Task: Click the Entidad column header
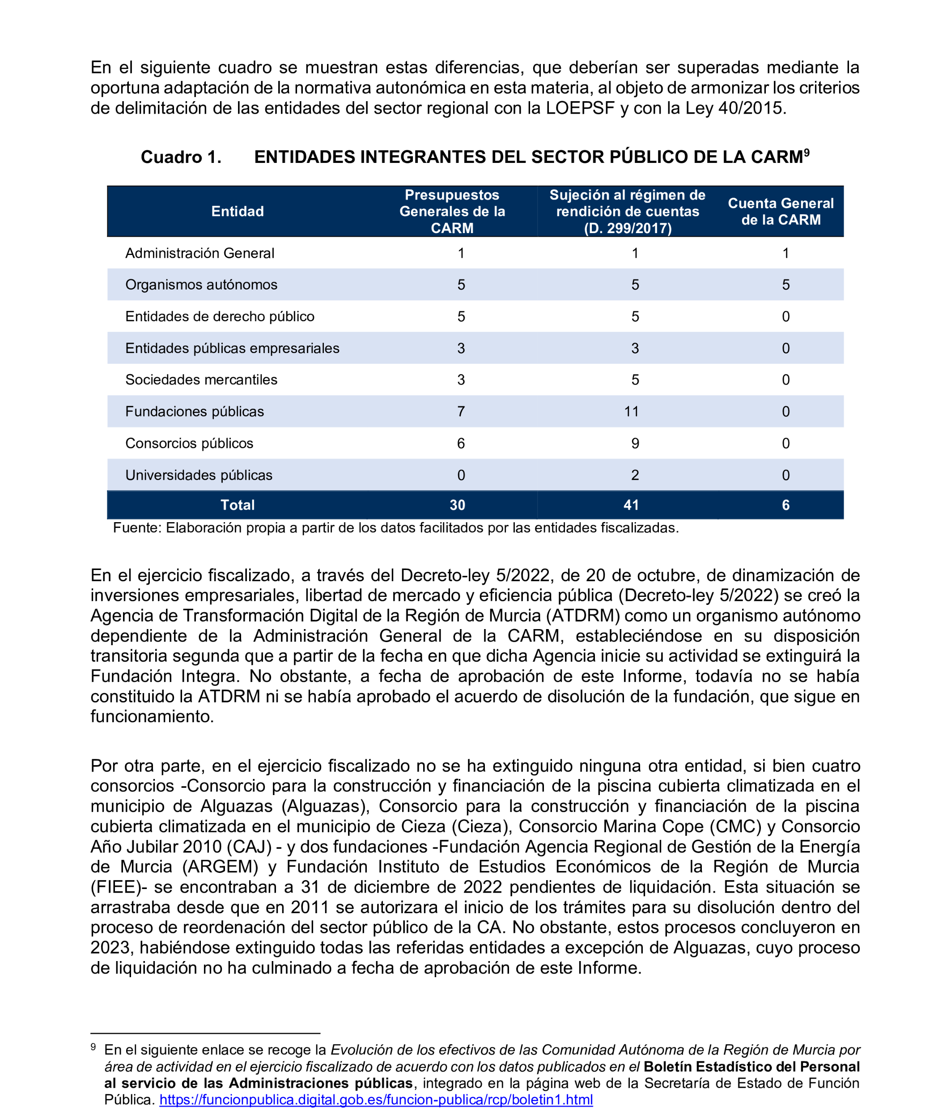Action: click(237, 211)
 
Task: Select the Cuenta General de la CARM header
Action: click(780, 211)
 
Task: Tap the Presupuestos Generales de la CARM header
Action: click(452, 211)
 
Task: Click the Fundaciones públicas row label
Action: click(195, 412)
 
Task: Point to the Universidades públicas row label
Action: click(199, 475)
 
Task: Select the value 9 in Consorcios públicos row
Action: click(635, 443)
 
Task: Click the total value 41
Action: click(631, 505)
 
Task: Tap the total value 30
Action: click(457, 505)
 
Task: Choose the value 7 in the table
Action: click(461, 412)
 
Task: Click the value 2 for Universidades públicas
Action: click(635, 475)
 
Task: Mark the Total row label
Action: click(237, 505)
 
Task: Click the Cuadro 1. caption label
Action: click(181, 157)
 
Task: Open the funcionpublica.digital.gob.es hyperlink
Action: click(376, 1100)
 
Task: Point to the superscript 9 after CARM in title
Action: click(807, 152)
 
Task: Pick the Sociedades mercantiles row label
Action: click(201, 380)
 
